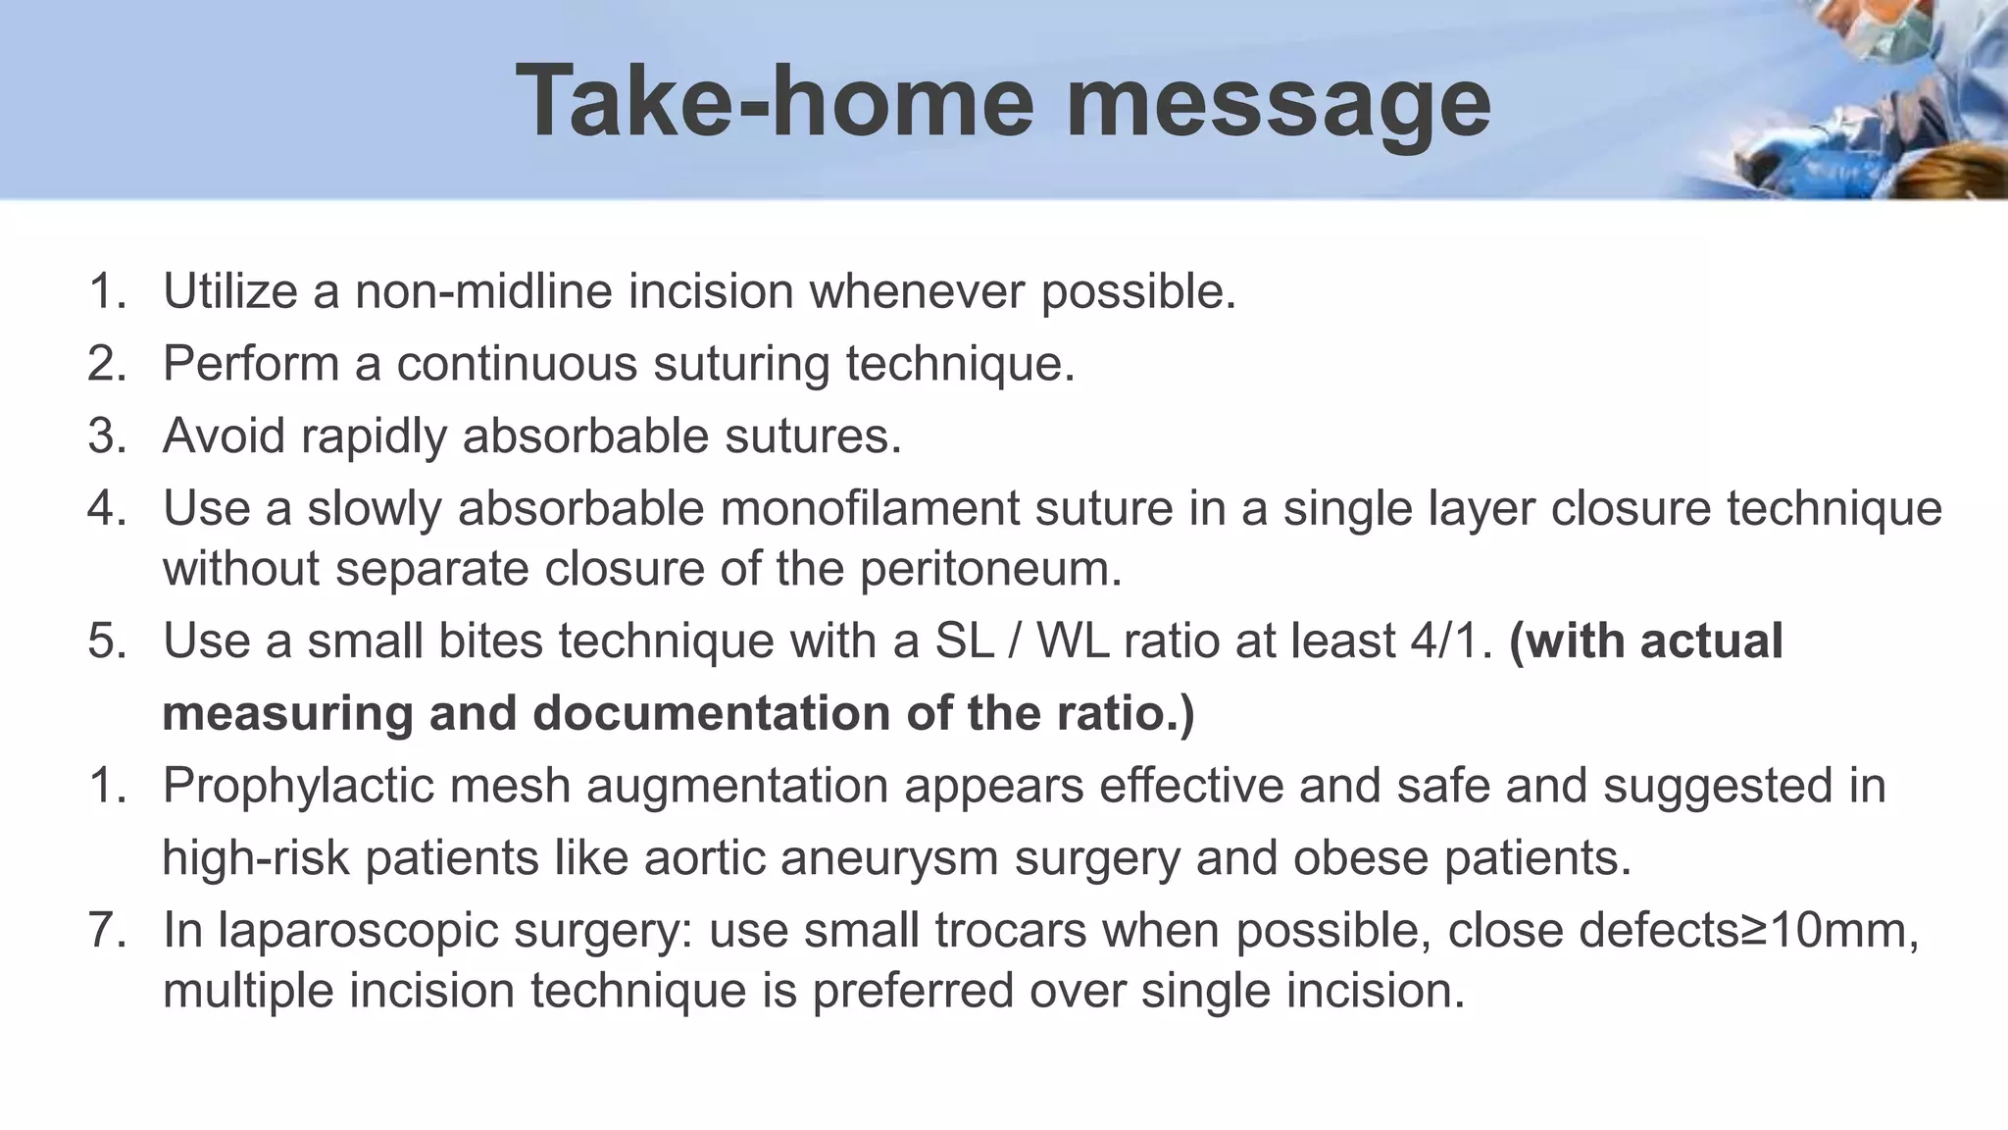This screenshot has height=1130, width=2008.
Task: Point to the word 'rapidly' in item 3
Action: click(x=374, y=436)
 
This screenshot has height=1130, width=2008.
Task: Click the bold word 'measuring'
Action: click(x=287, y=713)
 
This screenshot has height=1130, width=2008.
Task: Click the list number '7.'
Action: click(x=107, y=931)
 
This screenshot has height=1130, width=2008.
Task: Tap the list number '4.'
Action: click(x=107, y=508)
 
